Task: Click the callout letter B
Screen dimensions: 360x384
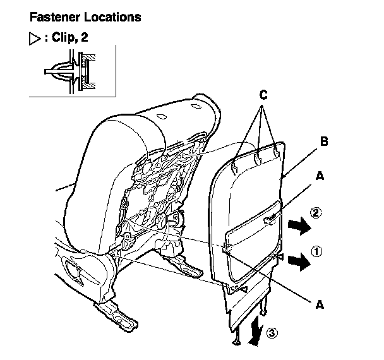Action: point(323,142)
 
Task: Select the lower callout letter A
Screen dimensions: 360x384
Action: point(320,304)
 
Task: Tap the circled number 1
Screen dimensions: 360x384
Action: point(316,251)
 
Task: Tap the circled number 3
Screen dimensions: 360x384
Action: point(272,332)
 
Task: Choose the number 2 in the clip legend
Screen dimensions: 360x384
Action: point(84,37)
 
